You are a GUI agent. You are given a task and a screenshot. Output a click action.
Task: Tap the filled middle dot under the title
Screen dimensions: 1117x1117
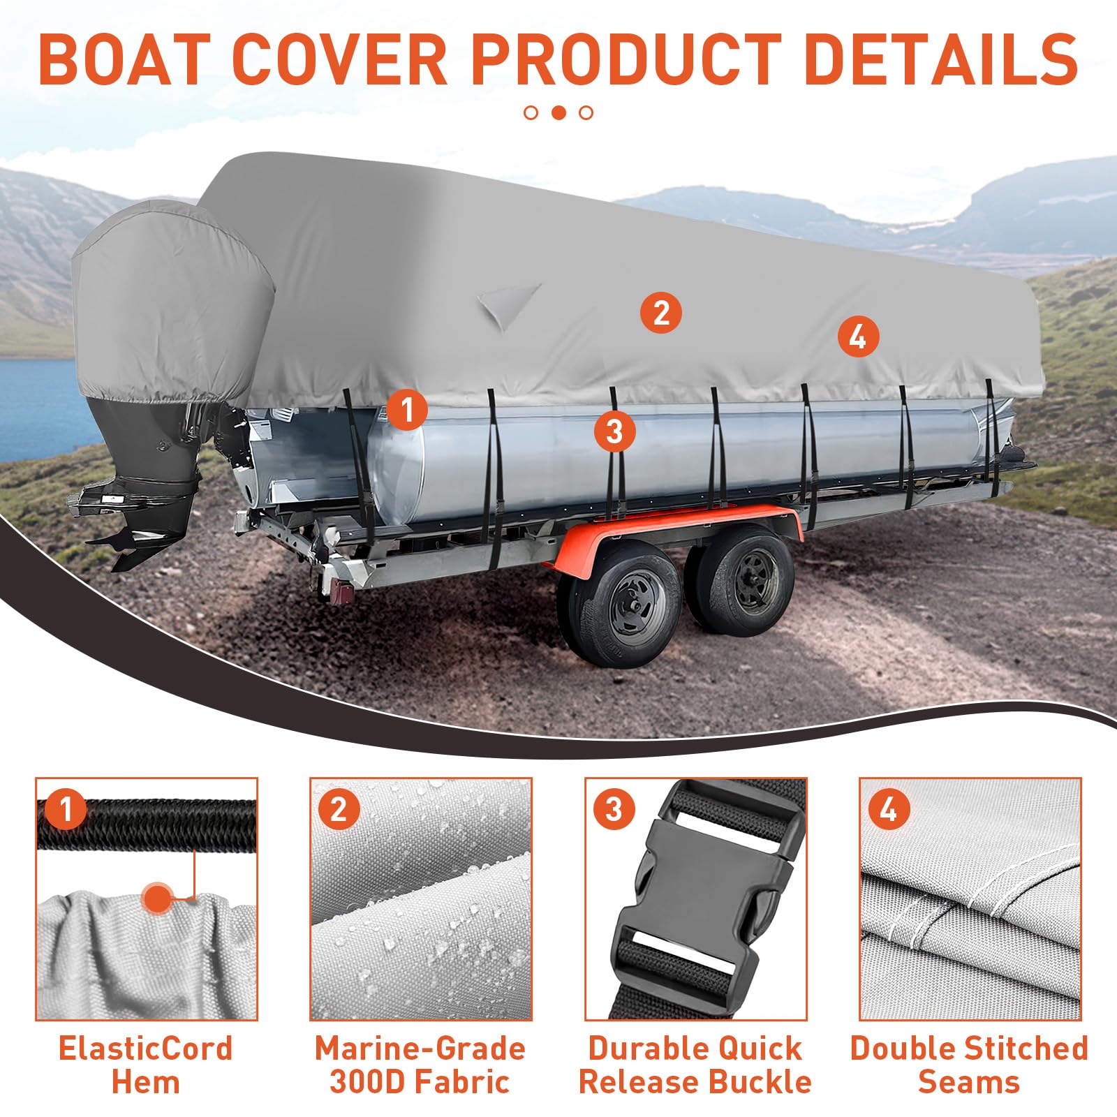(558, 112)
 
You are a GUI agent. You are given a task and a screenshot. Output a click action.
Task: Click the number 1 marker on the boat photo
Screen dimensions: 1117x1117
(406, 409)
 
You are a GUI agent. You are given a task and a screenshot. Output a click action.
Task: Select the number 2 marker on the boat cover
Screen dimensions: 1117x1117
(660, 312)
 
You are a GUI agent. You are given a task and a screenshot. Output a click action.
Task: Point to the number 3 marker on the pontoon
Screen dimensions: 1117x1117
(614, 431)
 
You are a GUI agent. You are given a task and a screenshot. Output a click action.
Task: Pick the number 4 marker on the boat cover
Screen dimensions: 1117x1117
(857, 337)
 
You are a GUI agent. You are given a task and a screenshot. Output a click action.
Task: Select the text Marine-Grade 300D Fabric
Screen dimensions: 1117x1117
(420, 1065)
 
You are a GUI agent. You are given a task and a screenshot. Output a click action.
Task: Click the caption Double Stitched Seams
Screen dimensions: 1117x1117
(969, 1065)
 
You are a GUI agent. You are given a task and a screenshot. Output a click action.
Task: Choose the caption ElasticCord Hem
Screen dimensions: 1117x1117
(146, 1065)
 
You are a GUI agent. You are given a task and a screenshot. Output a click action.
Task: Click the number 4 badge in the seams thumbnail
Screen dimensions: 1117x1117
(887, 810)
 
